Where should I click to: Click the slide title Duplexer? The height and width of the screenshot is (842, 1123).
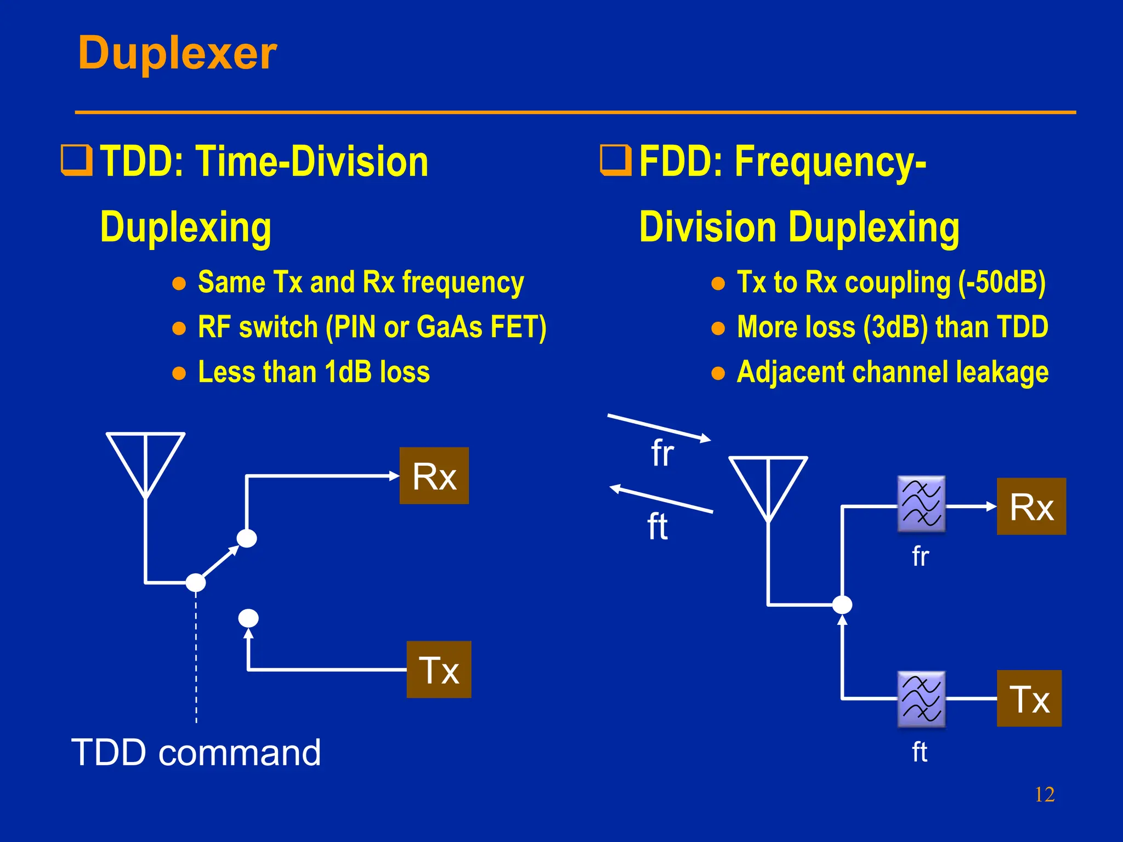pyautogui.click(x=177, y=53)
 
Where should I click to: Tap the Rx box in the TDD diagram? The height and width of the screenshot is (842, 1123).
pyautogui.click(x=434, y=476)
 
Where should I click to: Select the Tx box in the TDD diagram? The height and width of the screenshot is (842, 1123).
pyautogui.click(x=439, y=669)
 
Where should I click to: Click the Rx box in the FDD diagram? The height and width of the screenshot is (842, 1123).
pyautogui.click(x=1031, y=507)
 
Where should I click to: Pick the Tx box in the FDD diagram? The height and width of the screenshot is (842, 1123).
pyautogui.click(x=1029, y=698)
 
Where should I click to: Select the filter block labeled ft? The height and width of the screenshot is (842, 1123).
pyautogui.click(x=921, y=699)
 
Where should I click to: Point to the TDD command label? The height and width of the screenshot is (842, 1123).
pyautogui.click(x=196, y=753)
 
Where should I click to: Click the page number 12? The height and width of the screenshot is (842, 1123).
pyautogui.click(x=1044, y=794)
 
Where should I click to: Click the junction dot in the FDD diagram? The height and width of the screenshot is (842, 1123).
pyautogui.click(x=842, y=605)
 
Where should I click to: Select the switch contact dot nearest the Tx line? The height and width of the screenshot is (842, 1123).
pyautogui.click(x=248, y=618)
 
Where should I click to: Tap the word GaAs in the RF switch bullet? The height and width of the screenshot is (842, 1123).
pyautogui.click(x=449, y=327)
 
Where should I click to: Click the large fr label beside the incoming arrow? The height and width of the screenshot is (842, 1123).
pyautogui.click(x=662, y=454)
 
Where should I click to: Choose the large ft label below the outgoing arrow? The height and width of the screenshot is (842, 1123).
pyautogui.click(x=657, y=527)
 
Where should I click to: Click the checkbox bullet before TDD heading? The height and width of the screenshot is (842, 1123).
pyautogui.click(x=76, y=161)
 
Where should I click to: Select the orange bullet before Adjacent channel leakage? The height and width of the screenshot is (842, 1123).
pyautogui.click(x=718, y=373)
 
